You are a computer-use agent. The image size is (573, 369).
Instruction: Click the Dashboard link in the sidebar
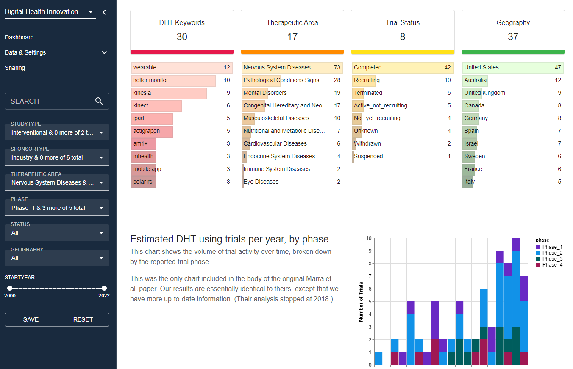click(19, 37)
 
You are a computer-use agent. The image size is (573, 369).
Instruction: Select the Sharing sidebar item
click(15, 68)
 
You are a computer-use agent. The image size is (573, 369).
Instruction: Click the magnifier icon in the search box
click(99, 101)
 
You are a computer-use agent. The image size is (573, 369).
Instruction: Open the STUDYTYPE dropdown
click(57, 132)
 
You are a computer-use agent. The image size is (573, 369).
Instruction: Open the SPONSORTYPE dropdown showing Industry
click(57, 157)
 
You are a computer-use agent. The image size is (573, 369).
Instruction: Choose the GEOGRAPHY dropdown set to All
click(57, 258)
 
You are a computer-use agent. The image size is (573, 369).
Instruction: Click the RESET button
click(83, 319)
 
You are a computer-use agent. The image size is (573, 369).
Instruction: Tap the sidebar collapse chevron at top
click(104, 12)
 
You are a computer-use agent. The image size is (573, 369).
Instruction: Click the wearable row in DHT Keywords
click(182, 68)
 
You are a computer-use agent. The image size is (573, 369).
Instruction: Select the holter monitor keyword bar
click(173, 80)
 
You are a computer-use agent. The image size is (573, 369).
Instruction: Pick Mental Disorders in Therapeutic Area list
click(265, 93)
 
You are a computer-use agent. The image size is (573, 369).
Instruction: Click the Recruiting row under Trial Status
click(367, 80)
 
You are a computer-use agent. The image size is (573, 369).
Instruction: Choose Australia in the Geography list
click(475, 80)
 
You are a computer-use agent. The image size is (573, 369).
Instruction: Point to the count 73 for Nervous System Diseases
click(337, 68)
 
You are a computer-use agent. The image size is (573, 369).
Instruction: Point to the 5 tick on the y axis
click(370, 302)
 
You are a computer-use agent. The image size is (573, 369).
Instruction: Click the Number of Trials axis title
click(361, 301)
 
